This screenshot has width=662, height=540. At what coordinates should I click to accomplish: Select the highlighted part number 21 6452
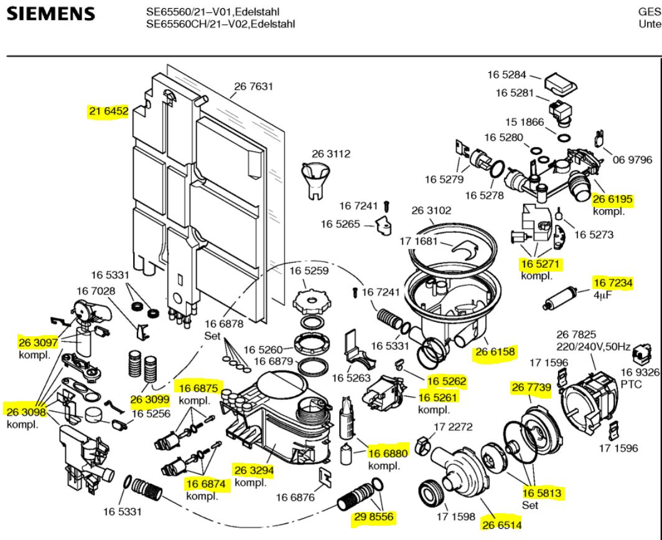(x=108, y=111)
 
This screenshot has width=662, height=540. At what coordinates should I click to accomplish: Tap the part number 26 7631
(x=254, y=87)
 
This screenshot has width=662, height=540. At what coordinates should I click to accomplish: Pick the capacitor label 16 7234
(x=613, y=283)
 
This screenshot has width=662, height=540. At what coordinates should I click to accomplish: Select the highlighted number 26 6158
(x=495, y=353)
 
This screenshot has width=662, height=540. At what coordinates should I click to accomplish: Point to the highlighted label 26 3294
(x=254, y=470)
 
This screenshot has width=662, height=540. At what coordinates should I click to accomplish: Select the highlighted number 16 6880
(x=389, y=453)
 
